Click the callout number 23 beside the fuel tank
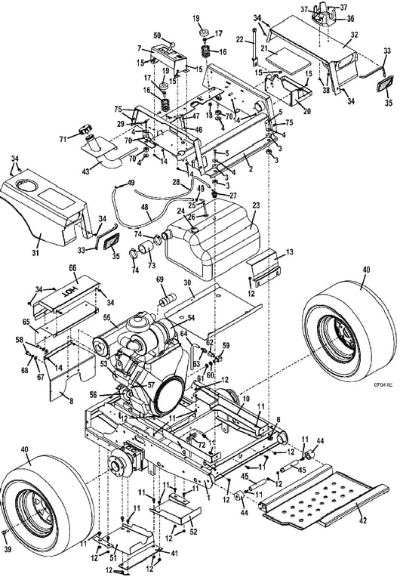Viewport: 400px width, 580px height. click(256, 205)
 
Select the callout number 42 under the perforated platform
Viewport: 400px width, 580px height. click(363, 520)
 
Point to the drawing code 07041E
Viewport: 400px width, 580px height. click(383, 385)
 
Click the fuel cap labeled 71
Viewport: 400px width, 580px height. click(85, 131)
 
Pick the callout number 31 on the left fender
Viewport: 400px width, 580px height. click(36, 253)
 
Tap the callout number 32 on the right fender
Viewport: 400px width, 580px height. click(354, 35)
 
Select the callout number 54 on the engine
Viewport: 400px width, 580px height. click(191, 318)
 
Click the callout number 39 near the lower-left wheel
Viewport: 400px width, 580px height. click(8, 549)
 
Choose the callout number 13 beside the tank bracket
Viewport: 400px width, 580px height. click(290, 252)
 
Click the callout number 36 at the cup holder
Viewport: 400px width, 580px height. click(350, 18)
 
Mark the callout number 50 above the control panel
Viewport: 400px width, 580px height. click(157, 35)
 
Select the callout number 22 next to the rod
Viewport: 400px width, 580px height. click(240, 40)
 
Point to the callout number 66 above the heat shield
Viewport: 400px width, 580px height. click(72, 267)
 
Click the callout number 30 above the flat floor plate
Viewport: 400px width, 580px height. click(188, 283)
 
